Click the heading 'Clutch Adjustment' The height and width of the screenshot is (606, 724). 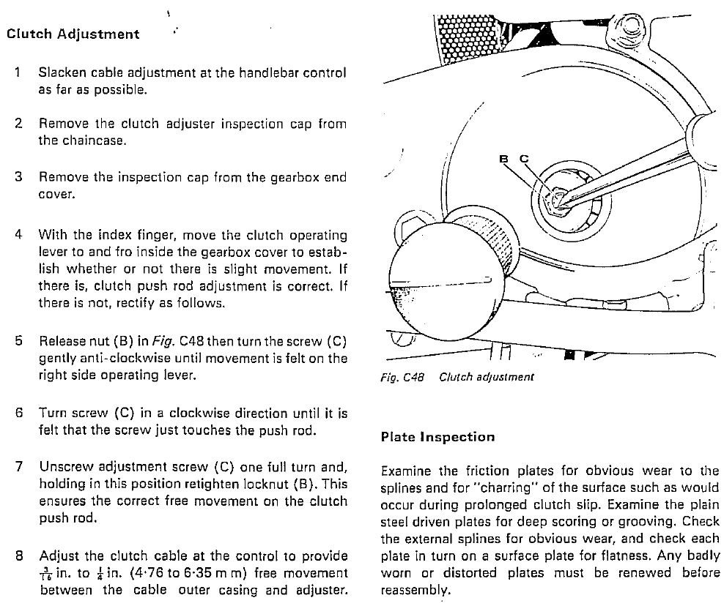[73, 34]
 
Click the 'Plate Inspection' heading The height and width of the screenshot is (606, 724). [437, 437]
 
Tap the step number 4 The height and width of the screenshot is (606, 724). [19, 234]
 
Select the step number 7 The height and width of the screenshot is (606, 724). [19, 466]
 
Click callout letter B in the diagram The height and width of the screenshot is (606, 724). [503, 158]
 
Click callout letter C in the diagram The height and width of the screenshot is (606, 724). [524, 158]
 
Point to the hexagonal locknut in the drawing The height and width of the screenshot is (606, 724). [556, 199]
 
